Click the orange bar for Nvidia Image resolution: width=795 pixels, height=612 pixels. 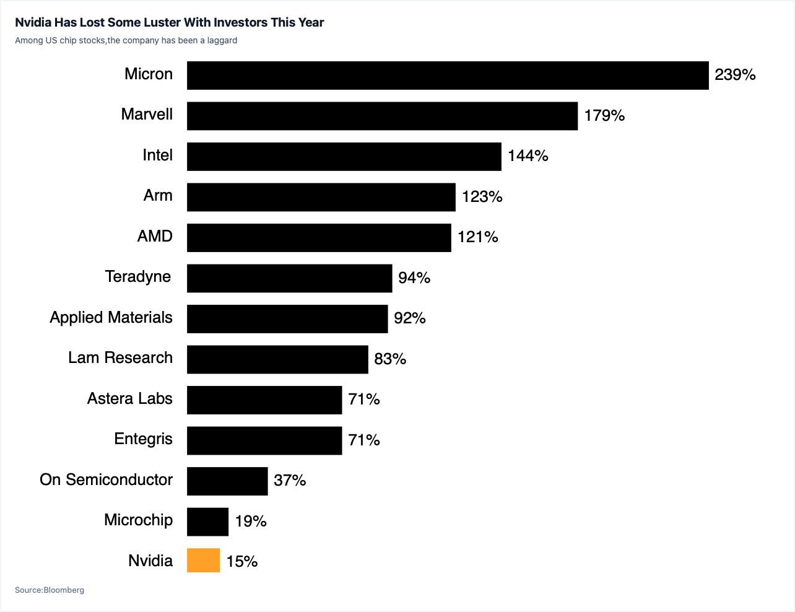click(204, 560)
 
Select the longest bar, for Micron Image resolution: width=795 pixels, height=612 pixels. click(448, 76)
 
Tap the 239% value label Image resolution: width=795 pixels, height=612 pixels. click(735, 75)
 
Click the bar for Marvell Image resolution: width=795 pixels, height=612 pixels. click(382, 116)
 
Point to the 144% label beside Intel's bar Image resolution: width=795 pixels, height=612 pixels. click(528, 156)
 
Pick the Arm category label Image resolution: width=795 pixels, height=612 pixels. click(158, 196)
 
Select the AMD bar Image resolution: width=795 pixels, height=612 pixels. click(319, 238)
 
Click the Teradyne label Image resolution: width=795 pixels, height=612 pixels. click(138, 277)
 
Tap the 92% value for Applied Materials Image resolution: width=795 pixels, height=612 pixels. click(410, 318)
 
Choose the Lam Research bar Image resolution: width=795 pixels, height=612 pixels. click(277, 359)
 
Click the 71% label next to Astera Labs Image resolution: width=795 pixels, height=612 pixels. click(364, 400)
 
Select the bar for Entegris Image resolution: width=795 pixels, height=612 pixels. click(264, 440)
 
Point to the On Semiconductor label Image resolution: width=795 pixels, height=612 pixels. click(106, 479)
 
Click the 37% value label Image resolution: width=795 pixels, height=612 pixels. click(290, 481)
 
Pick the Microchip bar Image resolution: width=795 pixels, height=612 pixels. click(208, 522)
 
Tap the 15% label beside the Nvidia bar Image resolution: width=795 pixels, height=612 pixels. click(242, 562)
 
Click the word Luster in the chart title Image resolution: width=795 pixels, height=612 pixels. click(159, 23)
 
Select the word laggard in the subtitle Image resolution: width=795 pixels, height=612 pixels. click(222, 41)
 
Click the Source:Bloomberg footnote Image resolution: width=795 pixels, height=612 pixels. click(50, 590)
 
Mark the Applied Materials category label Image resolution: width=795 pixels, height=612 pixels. click(111, 318)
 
